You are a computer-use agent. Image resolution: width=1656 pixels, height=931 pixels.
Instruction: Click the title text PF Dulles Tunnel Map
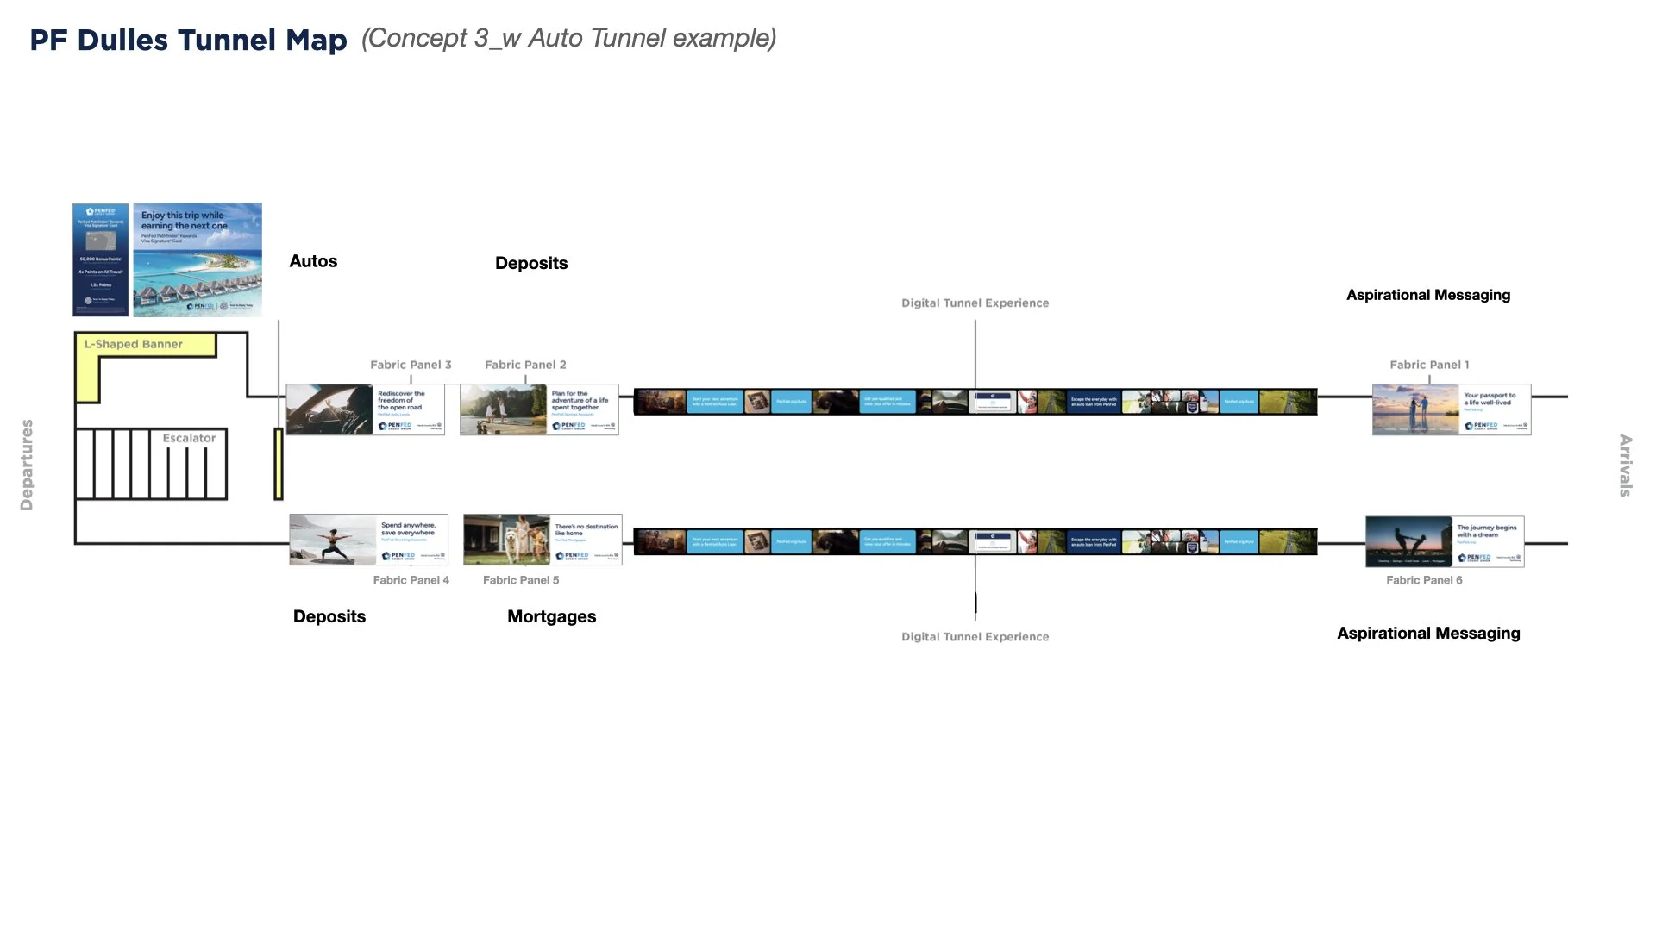[188, 40]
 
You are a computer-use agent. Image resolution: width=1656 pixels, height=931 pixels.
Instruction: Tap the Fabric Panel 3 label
[411, 365]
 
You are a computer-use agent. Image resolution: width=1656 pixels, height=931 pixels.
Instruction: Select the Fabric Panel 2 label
[525, 365]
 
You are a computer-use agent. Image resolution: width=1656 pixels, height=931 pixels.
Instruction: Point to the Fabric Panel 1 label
[1429, 365]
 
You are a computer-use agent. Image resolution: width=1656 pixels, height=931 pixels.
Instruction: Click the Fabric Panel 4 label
[411, 580]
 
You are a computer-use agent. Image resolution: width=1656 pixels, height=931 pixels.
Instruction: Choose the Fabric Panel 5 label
[521, 580]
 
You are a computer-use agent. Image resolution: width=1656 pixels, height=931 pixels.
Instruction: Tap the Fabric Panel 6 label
[1424, 580]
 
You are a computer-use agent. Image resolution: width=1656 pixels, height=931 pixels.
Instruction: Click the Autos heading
[313, 261]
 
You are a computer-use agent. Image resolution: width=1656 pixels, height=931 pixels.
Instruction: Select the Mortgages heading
[551, 616]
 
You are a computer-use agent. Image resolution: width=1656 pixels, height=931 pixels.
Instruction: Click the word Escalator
[189, 438]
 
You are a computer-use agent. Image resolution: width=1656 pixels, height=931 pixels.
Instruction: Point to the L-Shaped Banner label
[134, 344]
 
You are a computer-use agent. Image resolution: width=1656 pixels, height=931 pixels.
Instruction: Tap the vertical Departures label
[27, 465]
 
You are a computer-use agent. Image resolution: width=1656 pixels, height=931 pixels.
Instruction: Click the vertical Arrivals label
[1625, 465]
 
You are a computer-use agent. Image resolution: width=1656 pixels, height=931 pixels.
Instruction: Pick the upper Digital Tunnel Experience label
[975, 303]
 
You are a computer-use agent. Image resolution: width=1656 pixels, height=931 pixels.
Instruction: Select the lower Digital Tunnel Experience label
[975, 636]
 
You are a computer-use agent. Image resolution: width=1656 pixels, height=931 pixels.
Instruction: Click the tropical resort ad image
[198, 259]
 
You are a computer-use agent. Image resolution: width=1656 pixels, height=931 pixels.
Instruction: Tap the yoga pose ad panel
[368, 540]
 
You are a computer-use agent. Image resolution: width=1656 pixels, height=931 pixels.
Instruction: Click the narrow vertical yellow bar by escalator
[279, 464]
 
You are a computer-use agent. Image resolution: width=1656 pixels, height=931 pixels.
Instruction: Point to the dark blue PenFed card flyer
[101, 259]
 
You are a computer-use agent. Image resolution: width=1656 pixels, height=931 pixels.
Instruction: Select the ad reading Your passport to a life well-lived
[1452, 409]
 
